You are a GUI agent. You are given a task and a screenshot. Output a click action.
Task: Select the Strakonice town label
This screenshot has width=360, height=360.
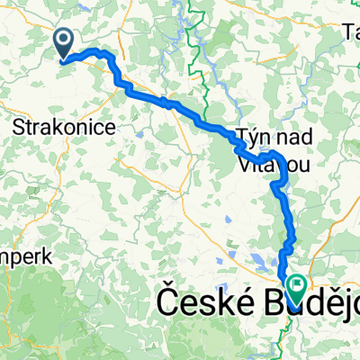[64, 128]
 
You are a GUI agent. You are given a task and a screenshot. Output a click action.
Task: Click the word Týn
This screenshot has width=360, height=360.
[253, 137]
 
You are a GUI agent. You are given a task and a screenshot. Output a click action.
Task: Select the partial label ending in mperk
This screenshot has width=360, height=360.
[28, 256]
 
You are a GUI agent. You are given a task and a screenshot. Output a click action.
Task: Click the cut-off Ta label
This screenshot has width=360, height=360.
[351, 33]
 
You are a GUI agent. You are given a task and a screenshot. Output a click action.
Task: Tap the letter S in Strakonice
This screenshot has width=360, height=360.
[19, 128]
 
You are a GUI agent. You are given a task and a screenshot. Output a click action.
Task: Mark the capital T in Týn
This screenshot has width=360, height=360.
[242, 137]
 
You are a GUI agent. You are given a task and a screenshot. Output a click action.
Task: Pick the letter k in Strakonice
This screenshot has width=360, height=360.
[64, 128]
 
